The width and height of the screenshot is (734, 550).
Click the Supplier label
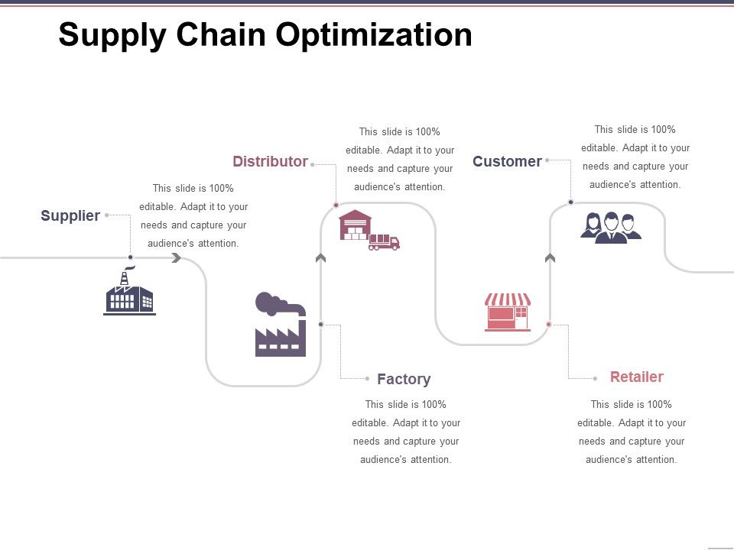[x=70, y=216]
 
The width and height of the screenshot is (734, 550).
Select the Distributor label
[x=270, y=161]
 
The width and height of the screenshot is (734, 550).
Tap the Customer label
[x=507, y=161]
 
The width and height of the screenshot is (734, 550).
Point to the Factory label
[x=404, y=379]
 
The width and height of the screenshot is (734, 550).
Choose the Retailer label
[x=636, y=377]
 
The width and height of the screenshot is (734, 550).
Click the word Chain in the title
[x=222, y=35]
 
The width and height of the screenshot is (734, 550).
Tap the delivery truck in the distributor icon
[x=384, y=243]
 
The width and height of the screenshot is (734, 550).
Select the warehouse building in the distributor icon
[x=355, y=225]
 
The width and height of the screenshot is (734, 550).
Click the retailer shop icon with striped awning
[x=508, y=312]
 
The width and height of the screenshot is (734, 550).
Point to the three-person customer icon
[x=611, y=228]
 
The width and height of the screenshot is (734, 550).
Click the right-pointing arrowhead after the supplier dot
[x=177, y=258]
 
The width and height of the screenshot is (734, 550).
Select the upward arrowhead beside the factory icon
[x=320, y=258]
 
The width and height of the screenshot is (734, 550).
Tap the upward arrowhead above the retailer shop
[x=550, y=258]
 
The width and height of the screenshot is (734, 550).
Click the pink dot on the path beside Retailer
[x=549, y=325]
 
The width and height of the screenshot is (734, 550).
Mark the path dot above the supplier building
[x=131, y=257]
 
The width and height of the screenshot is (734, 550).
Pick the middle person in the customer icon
[x=611, y=228]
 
